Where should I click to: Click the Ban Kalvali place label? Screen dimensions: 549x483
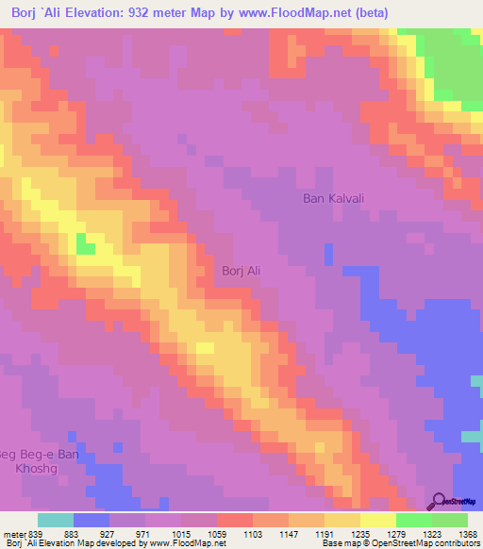333,198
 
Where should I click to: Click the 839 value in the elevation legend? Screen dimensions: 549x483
37,534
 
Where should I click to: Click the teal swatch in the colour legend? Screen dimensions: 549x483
55,520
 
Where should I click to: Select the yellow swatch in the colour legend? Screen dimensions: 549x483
377,520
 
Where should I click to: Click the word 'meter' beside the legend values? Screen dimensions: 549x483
13,534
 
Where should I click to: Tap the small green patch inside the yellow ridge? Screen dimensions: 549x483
86,245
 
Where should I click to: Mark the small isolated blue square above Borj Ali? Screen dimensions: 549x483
328,254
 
